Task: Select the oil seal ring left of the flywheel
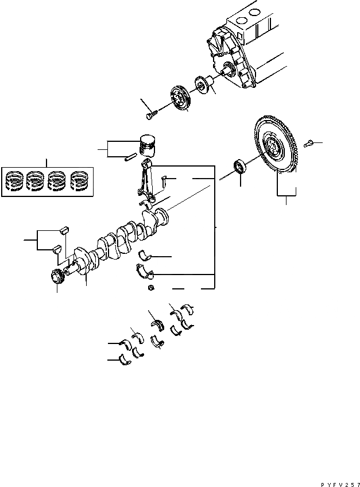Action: pyautogui.click(x=239, y=168)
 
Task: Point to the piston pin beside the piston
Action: pyautogui.click(x=130, y=154)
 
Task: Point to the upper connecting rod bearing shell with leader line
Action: pyautogui.click(x=146, y=256)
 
